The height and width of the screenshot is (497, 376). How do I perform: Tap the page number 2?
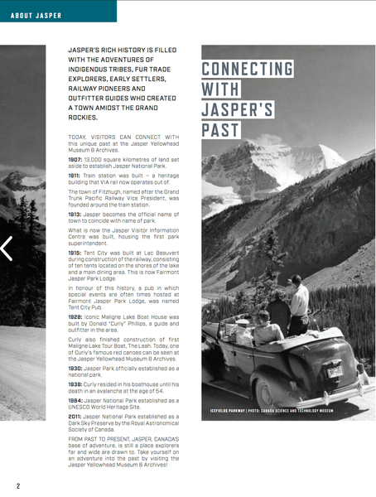point(17,485)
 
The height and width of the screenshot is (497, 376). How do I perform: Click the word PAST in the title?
point(220,130)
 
